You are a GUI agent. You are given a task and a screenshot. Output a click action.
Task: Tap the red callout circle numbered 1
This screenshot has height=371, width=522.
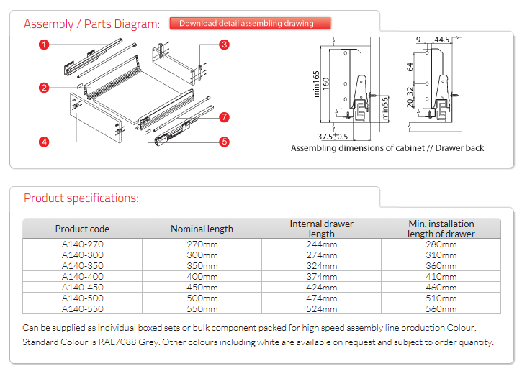pos(45,45)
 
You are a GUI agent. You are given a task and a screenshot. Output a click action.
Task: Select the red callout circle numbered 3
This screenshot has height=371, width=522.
pos(224,45)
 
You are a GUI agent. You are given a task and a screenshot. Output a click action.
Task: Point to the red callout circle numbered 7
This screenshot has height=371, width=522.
pos(224,116)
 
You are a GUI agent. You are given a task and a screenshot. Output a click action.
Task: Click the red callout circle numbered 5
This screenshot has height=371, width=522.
pos(224,142)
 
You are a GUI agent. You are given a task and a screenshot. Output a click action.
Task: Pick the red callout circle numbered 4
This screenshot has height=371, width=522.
pos(45,142)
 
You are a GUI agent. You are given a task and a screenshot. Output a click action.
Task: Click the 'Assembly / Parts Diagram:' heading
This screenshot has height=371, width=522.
pos(91,24)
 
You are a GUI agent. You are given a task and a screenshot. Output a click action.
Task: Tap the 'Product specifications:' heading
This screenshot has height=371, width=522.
pos(81,198)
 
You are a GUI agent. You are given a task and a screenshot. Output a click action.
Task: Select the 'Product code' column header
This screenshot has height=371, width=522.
pos(82,229)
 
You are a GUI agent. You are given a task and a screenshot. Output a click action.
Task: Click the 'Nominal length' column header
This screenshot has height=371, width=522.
pos(202,229)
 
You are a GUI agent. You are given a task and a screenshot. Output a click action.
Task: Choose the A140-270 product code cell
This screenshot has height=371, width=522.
pos(82,245)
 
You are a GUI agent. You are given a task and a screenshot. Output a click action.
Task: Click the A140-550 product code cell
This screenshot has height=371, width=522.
pos(82,308)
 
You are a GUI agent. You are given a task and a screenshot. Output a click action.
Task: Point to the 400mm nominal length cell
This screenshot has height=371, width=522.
pos(202,277)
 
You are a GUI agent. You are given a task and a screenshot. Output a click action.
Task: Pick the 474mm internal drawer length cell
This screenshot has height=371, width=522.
pos(321,298)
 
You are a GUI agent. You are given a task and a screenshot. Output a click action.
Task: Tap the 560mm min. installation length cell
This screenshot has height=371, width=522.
pos(441,308)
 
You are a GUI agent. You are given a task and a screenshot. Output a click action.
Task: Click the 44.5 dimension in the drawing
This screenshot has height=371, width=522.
pos(441,39)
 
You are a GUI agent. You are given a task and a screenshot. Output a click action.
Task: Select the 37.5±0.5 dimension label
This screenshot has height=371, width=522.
pos(333,137)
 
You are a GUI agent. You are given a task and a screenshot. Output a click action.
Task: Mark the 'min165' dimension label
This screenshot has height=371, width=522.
pos(316,84)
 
